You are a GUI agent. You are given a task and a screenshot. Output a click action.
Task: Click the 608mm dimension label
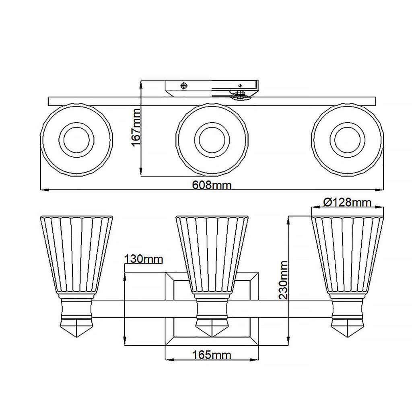[212, 185]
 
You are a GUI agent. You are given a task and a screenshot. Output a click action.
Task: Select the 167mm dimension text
[136, 128]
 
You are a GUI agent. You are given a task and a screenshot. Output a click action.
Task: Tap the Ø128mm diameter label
[347, 202]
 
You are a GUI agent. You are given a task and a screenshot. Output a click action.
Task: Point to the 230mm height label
[284, 280]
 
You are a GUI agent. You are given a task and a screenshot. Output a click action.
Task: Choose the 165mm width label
[212, 355]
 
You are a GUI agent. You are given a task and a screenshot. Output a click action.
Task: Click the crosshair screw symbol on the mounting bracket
[184, 86]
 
